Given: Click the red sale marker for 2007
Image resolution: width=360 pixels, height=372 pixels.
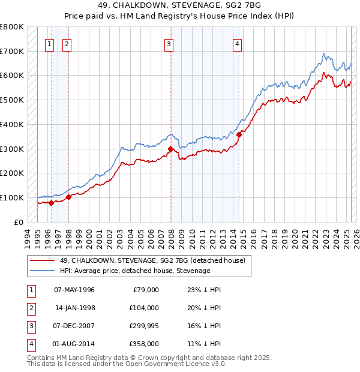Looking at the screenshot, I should coord(171,149).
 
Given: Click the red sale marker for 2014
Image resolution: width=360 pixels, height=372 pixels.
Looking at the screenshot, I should coord(239,134).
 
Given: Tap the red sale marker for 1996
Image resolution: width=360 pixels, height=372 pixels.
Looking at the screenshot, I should coord(51,203).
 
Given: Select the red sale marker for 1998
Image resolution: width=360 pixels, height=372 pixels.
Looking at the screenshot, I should coord(68,196).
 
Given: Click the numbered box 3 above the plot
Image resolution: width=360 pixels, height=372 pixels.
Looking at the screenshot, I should coord(169,43).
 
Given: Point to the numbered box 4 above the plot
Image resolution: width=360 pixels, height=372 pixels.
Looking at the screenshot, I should coord(238,43).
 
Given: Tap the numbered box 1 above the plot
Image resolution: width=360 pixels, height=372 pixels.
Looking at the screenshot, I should coord(49,43).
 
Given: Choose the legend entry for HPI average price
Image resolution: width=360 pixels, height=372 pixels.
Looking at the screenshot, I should coord(134,271).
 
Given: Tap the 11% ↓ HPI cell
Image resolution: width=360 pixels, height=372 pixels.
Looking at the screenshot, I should coord(204,344).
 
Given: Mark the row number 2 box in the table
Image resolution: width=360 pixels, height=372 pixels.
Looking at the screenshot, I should coord(29,308).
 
